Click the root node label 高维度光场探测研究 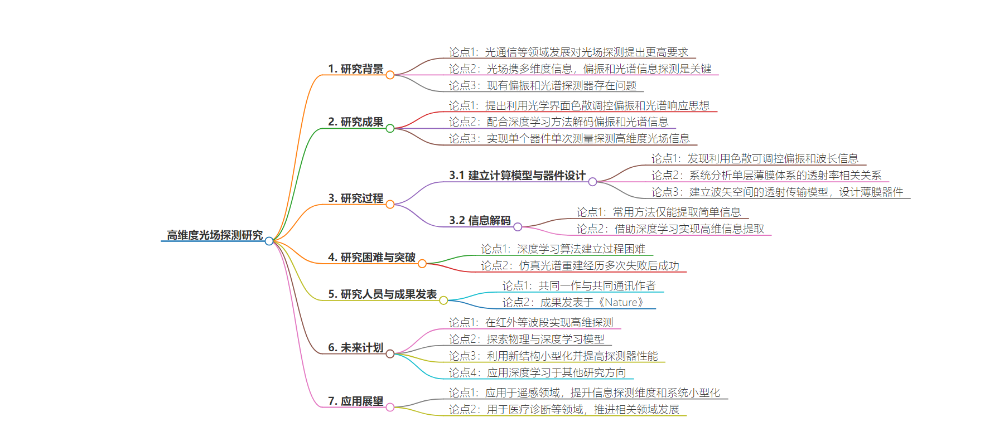[215, 235]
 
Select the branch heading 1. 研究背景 [355, 69]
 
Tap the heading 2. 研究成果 [355, 122]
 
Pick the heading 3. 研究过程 [355, 198]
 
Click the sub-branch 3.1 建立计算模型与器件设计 [517, 175]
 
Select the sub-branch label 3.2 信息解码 [480, 220]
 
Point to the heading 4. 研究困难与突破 [371, 257]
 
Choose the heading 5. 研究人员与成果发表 [382, 294]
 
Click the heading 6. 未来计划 [355, 347]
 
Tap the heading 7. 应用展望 [355, 401]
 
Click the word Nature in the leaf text [621, 302]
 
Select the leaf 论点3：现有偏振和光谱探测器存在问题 [543, 85]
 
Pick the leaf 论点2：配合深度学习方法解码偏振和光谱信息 [558, 122]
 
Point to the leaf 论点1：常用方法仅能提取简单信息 [658, 212]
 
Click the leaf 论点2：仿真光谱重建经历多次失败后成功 [580, 265]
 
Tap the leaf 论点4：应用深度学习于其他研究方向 [537, 372]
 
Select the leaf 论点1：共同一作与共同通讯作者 [579, 285]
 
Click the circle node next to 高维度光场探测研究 [269, 241]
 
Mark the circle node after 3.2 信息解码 [518, 227]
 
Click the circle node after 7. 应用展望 [390, 408]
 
